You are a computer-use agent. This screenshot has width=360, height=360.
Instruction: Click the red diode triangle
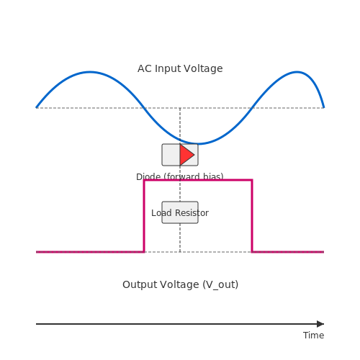tap(186, 155)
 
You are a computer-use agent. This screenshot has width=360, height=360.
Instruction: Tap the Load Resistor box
tap(180, 212)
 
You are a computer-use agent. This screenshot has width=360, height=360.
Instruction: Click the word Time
tap(313, 336)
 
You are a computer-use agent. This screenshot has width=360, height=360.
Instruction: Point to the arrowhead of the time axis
tap(320, 324)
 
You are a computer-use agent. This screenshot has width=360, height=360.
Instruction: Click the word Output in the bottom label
tap(139, 284)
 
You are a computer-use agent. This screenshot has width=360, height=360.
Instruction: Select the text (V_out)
tap(220, 285)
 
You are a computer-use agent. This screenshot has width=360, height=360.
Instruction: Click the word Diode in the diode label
tap(148, 177)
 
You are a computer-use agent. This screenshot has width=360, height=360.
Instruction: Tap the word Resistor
tap(192, 213)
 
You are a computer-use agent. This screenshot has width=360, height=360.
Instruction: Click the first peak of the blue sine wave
tap(90, 72)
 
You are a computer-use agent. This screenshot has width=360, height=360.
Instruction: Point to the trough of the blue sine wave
tap(198, 144)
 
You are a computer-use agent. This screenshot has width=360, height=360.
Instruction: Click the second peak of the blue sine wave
tap(297, 72)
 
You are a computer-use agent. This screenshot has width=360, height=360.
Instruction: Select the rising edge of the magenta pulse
tap(144, 216)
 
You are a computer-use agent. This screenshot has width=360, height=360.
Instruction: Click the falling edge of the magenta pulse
tap(252, 216)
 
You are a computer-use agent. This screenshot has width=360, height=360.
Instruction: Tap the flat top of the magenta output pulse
tap(198, 180)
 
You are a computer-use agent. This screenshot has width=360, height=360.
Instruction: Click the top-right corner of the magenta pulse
tap(252, 180)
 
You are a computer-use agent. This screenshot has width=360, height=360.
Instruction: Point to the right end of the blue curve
tap(324, 108)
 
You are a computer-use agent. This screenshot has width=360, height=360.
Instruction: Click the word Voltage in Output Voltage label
tap(179, 284)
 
